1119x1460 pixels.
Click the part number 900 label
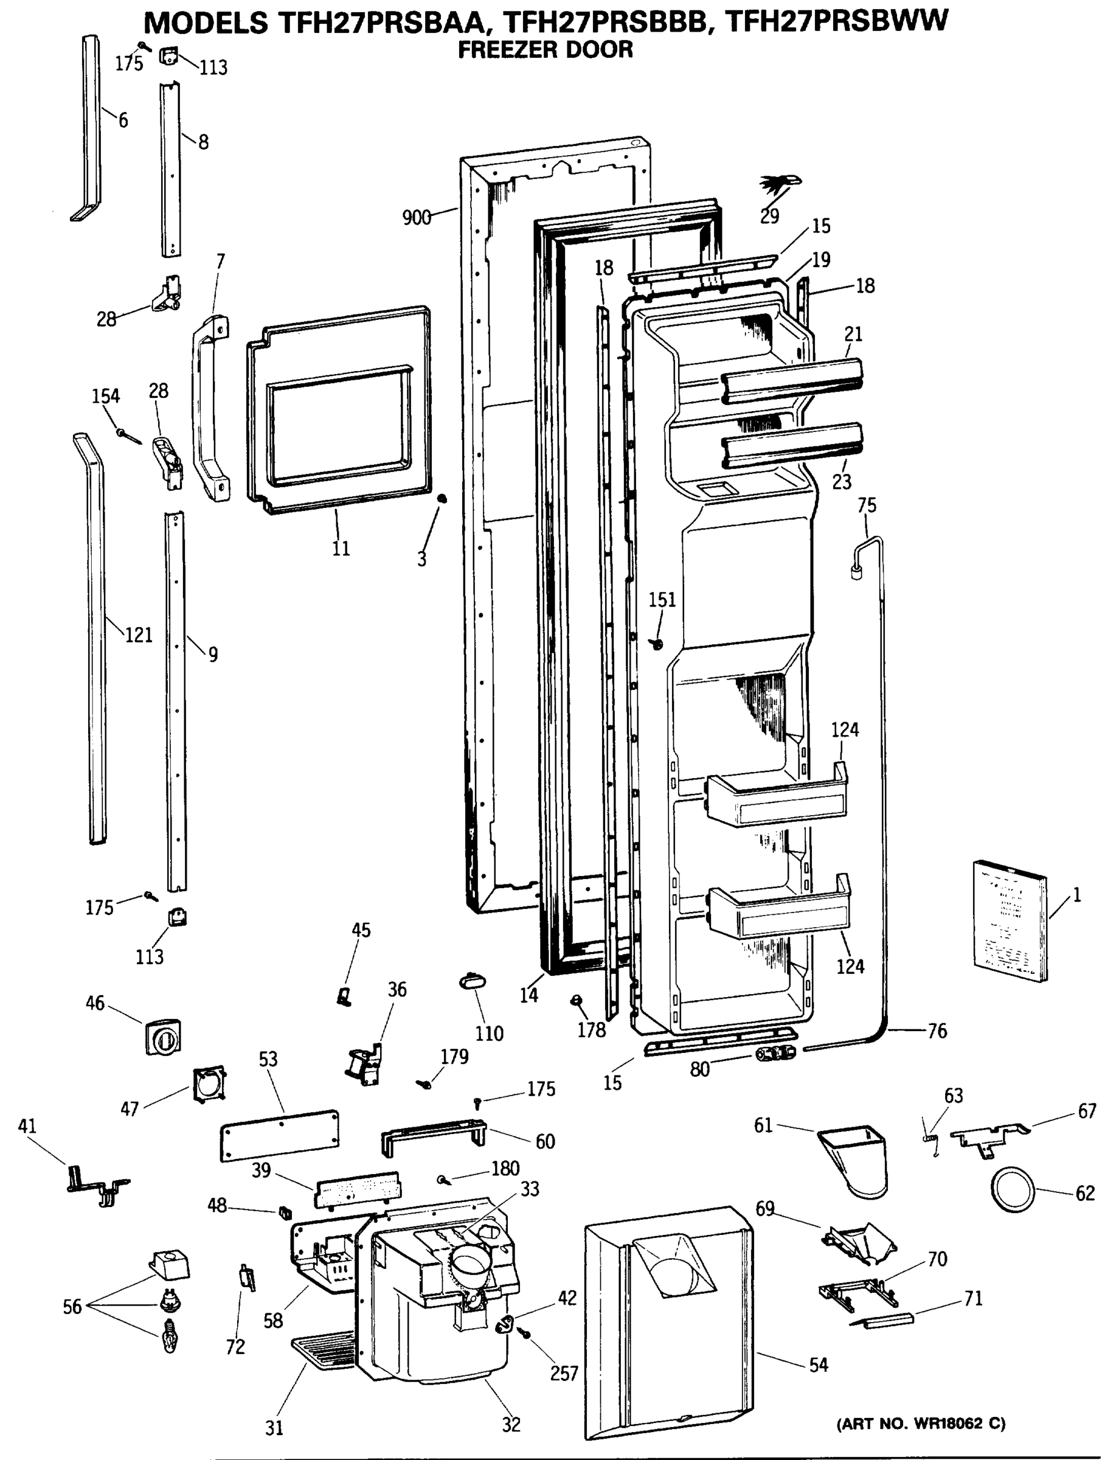(x=417, y=217)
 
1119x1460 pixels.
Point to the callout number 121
(x=139, y=635)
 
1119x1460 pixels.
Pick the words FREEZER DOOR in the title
(x=545, y=50)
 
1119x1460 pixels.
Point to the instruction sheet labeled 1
(x=1010, y=922)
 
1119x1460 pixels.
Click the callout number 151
(x=662, y=600)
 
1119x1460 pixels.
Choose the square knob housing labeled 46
(x=163, y=1037)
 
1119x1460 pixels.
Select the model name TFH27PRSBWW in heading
(x=835, y=22)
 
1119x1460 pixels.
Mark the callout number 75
(x=867, y=506)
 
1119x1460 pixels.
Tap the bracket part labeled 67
(x=988, y=1134)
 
